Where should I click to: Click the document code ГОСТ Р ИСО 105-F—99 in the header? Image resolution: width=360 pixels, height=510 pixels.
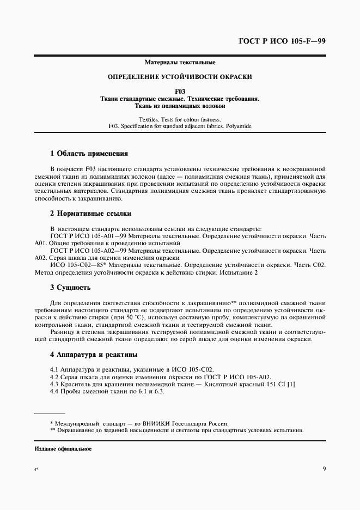point(282,41)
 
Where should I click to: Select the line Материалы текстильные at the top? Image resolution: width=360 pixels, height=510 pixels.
point(180,63)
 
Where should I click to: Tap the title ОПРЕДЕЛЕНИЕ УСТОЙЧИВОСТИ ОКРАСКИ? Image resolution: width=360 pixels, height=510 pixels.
point(180,77)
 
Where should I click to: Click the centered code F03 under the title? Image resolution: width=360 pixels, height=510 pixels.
point(180,92)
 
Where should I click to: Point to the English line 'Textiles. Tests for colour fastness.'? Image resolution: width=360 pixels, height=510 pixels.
point(180,119)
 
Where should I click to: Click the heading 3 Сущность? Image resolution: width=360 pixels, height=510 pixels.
point(70,287)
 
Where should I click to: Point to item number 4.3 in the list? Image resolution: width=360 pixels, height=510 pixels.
point(54,385)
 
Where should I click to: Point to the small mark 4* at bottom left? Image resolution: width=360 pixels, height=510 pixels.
point(36,469)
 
